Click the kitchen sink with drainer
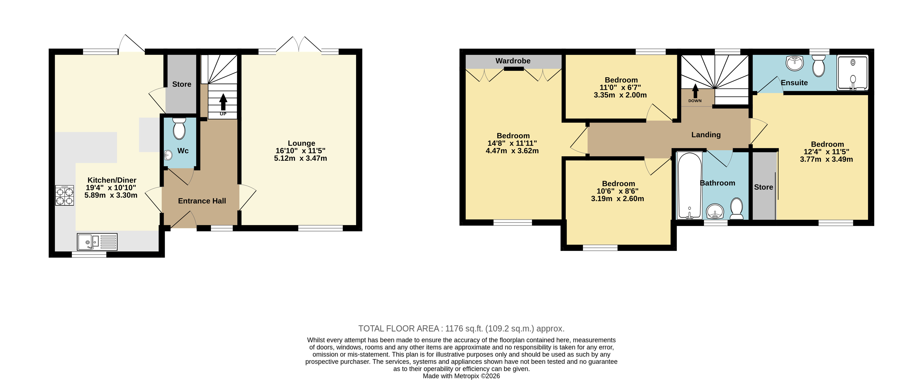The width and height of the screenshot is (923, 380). (97, 242)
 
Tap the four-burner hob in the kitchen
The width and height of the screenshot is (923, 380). (64, 195)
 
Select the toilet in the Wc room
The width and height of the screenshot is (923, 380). (179, 129)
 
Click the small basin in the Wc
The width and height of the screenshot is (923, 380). (168, 155)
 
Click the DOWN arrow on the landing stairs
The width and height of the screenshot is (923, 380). (695, 91)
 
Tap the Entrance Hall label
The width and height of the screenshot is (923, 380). (202, 201)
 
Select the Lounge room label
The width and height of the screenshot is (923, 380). (301, 143)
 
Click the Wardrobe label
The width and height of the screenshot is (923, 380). (513, 61)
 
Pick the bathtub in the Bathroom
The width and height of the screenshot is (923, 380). (689, 185)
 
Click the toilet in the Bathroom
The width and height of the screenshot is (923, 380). (737, 209)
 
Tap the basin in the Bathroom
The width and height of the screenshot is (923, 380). (715, 211)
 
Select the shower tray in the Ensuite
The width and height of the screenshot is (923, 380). (853, 73)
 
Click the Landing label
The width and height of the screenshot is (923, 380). (706, 135)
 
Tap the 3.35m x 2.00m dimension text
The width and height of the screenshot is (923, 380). (620, 95)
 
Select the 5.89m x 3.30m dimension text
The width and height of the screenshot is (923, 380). (111, 195)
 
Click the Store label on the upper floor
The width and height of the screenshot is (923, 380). (764, 187)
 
